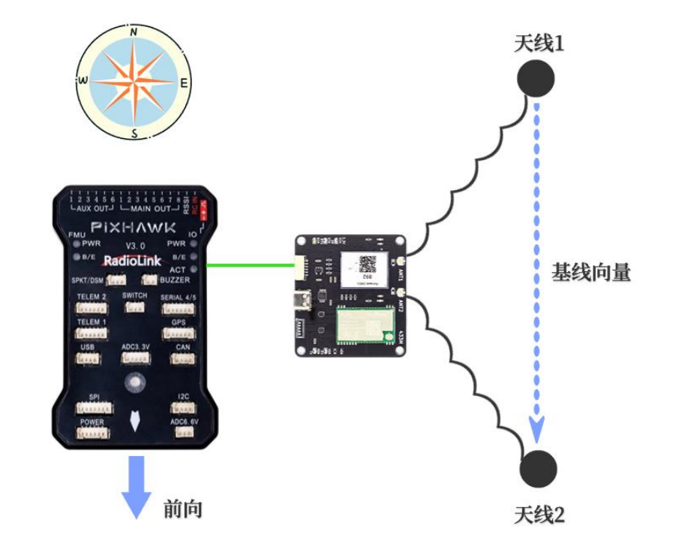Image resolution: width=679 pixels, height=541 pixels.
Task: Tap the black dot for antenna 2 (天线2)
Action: [x=539, y=468]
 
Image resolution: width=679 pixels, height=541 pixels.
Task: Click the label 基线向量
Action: [x=590, y=272]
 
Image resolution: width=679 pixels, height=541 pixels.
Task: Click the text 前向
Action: [x=182, y=509]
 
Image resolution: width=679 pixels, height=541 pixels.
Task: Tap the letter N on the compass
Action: [x=134, y=33]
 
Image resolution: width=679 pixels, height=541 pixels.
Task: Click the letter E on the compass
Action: [x=184, y=83]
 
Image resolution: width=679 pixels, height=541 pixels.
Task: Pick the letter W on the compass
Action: [x=83, y=81]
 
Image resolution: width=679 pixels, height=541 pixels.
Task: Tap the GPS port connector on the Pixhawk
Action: [x=179, y=333]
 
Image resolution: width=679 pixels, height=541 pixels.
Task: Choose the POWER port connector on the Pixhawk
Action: [x=93, y=434]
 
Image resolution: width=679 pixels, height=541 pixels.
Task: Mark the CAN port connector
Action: [x=182, y=358]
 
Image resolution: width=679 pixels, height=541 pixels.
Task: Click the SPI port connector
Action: [x=94, y=408]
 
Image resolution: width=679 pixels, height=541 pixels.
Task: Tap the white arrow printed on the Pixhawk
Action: [x=134, y=421]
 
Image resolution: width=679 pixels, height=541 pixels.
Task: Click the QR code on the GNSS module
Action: [x=367, y=264]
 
